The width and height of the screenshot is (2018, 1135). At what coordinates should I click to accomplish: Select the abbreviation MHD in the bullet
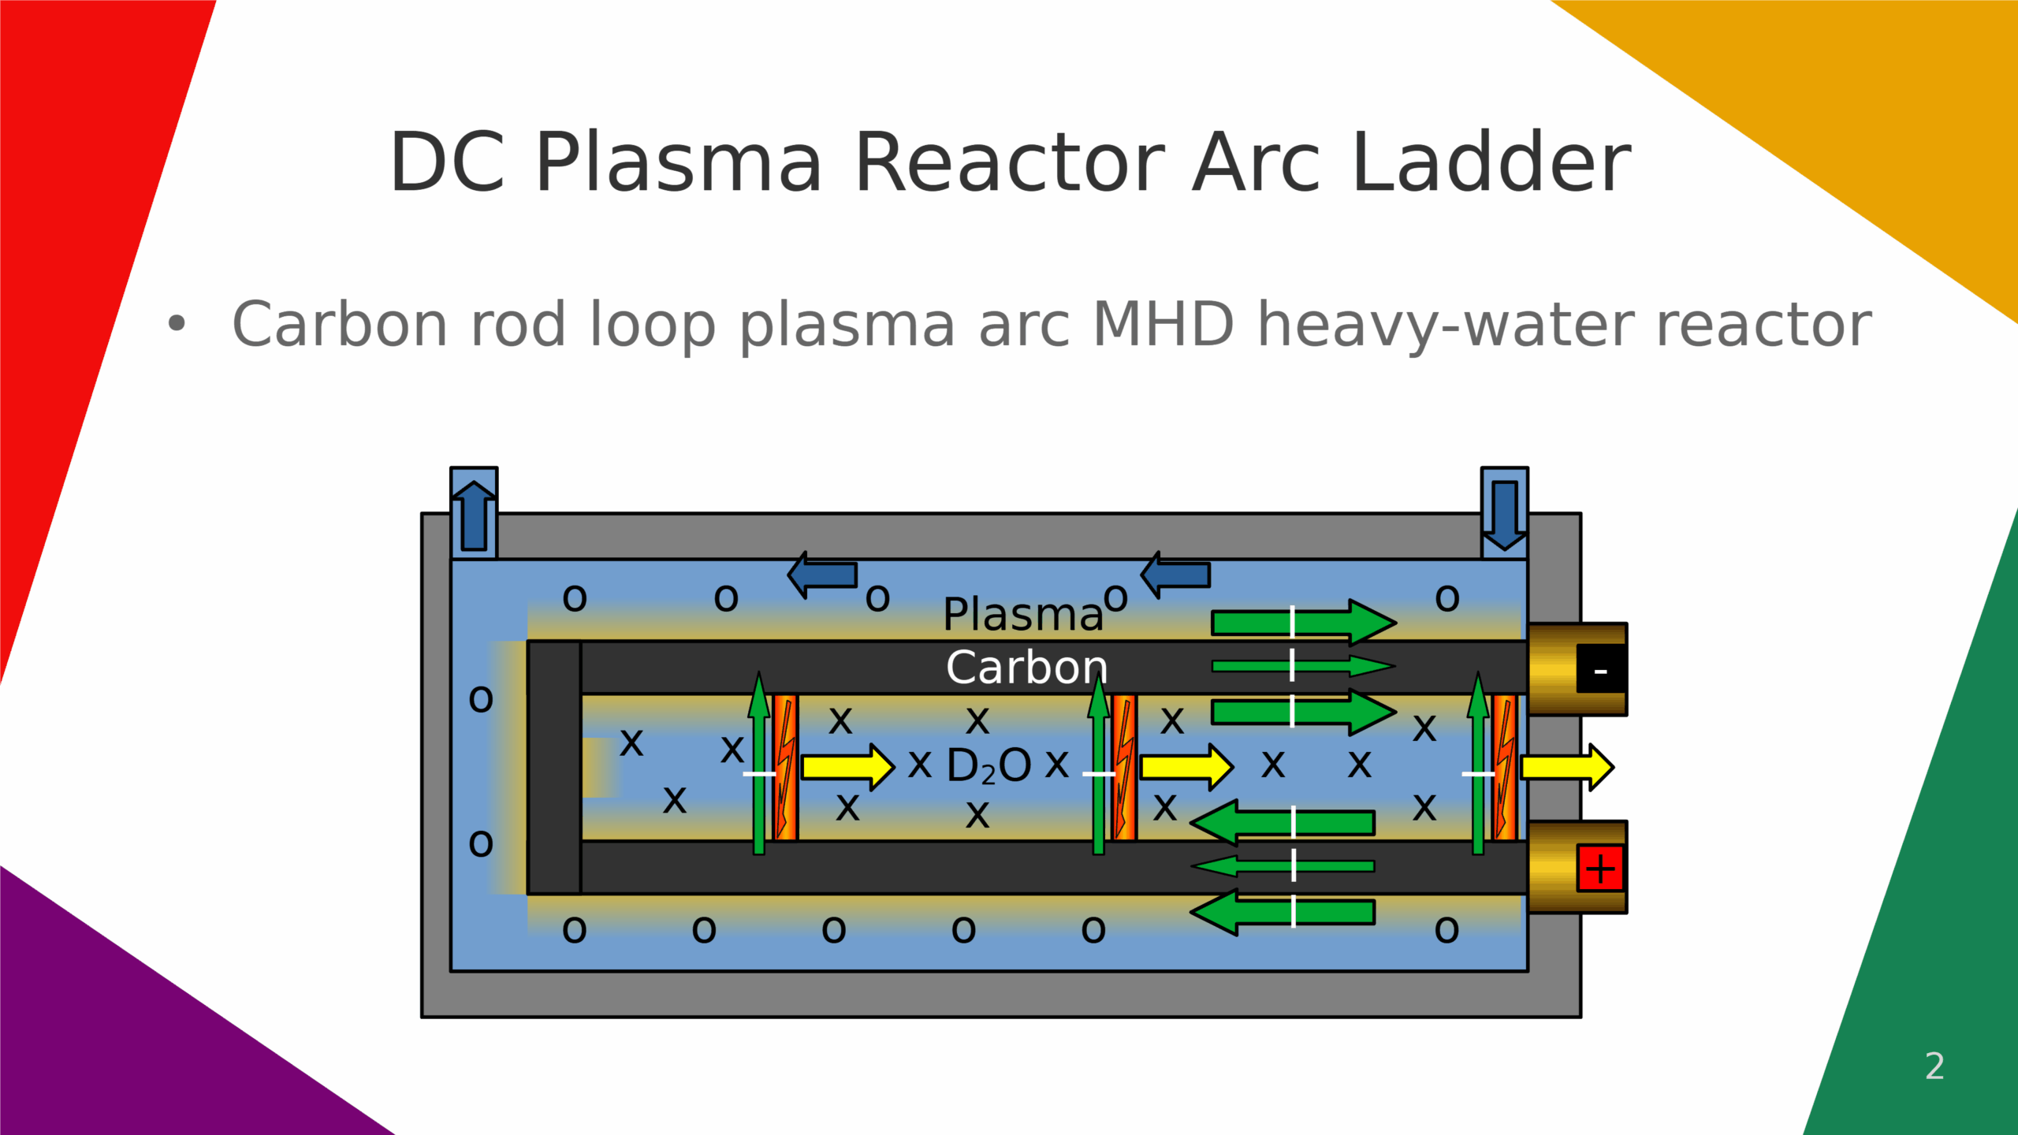pyautogui.click(x=1163, y=324)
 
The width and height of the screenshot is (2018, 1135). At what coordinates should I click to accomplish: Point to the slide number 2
pyautogui.click(x=1934, y=1066)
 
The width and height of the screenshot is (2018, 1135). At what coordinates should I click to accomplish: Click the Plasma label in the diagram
pyautogui.click(x=1022, y=614)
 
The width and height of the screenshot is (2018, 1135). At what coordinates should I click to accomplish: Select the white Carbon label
pyautogui.click(x=1026, y=668)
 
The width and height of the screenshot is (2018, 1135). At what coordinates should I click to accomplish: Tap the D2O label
pyautogui.click(x=988, y=765)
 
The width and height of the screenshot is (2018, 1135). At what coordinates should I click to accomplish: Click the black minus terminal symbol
pyautogui.click(x=1600, y=669)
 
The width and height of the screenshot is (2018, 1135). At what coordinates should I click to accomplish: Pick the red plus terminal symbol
pyautogui.click(x=1600, y=869)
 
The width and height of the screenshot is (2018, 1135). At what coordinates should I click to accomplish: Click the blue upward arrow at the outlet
pyautogui.click(x=474, y=515)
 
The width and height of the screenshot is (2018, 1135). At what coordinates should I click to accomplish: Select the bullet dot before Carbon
pyautogui.click(x=177, y=324)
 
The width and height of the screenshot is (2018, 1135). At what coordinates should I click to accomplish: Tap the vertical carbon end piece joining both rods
pyautogui.click(x=554, y=767)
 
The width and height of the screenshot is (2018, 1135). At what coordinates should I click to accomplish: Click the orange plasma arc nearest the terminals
pyautogui.click(x=1504, y=767)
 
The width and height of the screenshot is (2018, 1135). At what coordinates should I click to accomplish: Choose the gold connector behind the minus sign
pyautogui.click(x=1551, y=669)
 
